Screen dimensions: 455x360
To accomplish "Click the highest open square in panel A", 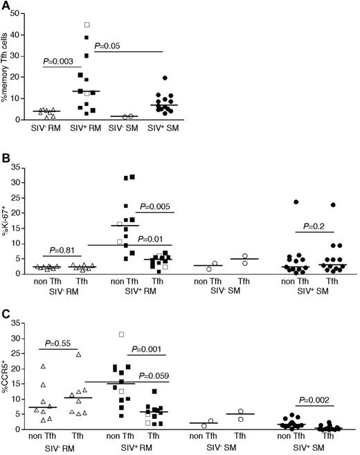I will pyautogui.click(x=87, y=24).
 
